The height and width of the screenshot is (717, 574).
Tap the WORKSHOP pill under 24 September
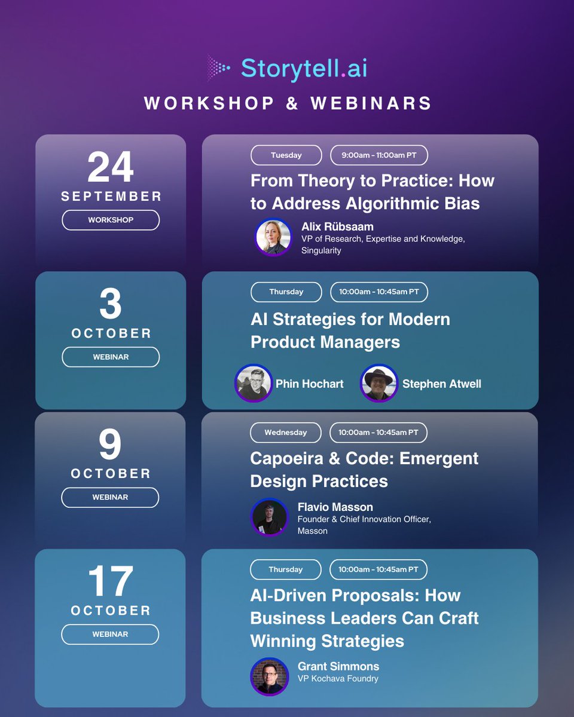click(111, 220)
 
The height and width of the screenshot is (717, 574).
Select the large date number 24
click(111, 168)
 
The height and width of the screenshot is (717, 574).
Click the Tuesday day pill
click(286, 155)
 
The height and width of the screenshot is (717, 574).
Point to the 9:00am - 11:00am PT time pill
click(379, 155)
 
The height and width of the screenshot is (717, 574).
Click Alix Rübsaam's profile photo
click(273, 237)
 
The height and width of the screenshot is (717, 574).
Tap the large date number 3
click(111, 305)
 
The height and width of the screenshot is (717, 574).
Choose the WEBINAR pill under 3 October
click(111, 357)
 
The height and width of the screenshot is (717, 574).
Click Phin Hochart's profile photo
click(254, 383)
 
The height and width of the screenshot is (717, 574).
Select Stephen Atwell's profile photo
click(379, 383)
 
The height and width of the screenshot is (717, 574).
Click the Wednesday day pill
click(286, 433)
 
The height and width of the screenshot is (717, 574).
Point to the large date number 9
click(111, 445)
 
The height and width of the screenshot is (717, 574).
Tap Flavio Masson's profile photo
click(269, 517)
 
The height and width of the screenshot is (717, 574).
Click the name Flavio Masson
click(335, 507)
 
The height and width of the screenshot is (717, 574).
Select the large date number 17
click(111, 582)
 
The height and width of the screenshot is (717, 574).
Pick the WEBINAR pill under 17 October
click(111, 634)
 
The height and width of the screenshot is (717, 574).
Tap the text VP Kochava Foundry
click(338, 678)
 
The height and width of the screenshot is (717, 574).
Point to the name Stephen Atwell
click(441, 384)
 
